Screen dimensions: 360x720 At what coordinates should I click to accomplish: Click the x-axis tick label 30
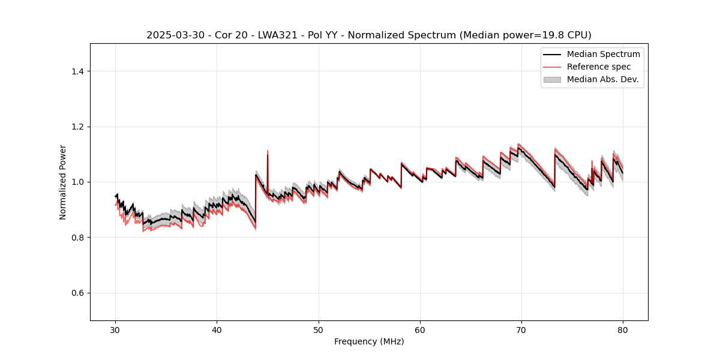pyautogui.click(x=116, y=330)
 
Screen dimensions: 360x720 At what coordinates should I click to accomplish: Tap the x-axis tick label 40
pyautogui.click(x=217, y=330)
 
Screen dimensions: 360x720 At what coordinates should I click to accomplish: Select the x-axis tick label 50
pyautogui.click(x=319, y=330)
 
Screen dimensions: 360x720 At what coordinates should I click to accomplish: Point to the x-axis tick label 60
pyautogui.click(x=420, y=330)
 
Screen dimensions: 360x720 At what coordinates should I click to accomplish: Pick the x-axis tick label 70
pyautogui.click(x=521, y=330)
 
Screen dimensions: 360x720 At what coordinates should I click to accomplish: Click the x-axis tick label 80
pyautogui.click(x=623, y=330)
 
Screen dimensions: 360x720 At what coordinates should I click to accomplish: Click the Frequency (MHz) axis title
pyautogui.click(x=369, y=341)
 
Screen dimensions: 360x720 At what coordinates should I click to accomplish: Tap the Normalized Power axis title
pyautogui.click(x=63, y=182)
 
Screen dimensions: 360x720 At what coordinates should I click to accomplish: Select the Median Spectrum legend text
pyautogui.click(x=603, y=54)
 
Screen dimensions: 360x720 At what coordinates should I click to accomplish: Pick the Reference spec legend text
pyautogui.click(x=599, y=67)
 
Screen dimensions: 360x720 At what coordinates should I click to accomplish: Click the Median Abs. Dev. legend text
pyautogui.click(x=602, y=79)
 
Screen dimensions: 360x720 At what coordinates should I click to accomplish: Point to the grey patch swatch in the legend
pyautogui.click(x=552, y=79)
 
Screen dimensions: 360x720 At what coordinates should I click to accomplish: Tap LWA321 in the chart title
pyautogui.click(x=255, y=35)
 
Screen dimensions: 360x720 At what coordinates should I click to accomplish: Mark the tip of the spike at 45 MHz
pyautogui.click(x=268, y=151)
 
